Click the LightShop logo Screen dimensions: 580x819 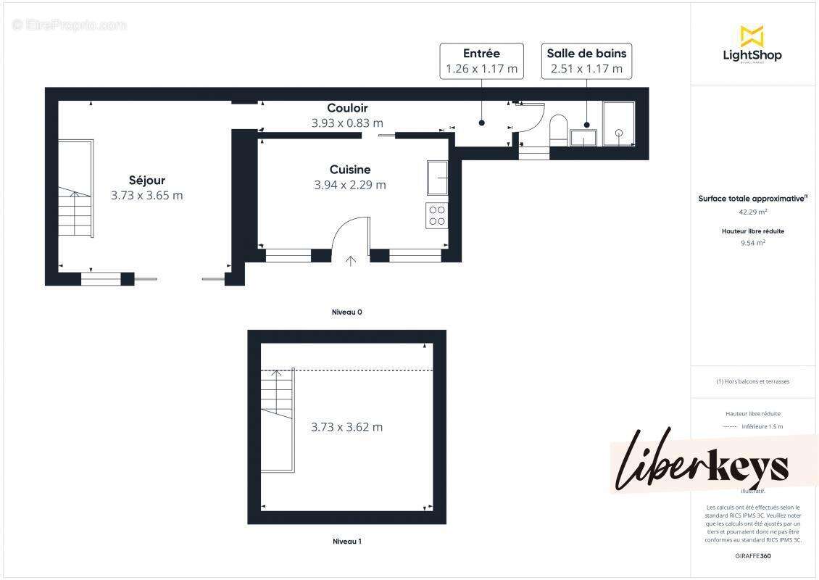752,45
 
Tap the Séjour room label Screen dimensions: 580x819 147,181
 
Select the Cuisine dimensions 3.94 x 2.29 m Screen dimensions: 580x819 350,185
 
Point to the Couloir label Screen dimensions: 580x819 347,109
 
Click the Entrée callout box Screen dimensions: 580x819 481,61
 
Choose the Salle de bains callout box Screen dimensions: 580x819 586,61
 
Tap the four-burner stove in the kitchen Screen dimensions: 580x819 437,216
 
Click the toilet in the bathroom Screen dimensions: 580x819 558,130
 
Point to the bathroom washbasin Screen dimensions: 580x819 583,137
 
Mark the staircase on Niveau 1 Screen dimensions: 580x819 278,420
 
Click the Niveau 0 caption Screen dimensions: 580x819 346,312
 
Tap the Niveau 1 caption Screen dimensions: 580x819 346,541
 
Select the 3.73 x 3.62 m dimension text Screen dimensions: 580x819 346,427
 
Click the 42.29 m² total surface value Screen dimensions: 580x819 753,212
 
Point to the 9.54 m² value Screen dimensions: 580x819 753,244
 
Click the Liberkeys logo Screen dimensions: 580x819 702,464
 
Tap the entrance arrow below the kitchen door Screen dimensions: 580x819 352,261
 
